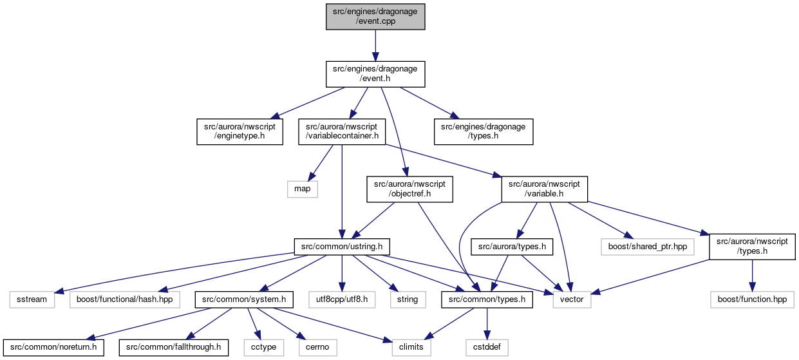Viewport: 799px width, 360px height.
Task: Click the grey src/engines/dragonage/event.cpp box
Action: point(375,16)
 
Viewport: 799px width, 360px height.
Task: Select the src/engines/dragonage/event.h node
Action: point(375,74)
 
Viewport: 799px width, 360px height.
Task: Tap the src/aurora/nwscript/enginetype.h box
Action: point(240,131)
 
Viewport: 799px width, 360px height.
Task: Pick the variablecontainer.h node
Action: point(342,131)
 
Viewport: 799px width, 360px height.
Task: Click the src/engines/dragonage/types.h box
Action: point(484,131)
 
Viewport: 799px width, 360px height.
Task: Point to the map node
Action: point(303,189)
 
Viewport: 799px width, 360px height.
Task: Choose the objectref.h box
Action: point(409,189)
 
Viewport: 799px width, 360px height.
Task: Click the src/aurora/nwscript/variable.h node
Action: point(544,189)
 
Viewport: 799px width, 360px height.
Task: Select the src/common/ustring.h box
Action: point(342,247)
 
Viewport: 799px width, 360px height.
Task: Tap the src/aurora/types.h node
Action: point(512,247)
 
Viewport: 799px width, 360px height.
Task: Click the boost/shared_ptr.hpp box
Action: point(648,247)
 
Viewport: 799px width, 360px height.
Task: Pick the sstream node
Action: point(32,299)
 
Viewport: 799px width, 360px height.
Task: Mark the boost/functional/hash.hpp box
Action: point(125,299)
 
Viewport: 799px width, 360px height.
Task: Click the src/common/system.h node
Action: point(244,299)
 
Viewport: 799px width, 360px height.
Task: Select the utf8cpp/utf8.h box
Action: point(342,299)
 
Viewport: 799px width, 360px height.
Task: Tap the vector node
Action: point(572,299)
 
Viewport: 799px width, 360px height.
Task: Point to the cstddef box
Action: point(487,348)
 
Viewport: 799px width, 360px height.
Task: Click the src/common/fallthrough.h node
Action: point(174,348)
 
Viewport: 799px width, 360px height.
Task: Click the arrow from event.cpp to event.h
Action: point(375,46)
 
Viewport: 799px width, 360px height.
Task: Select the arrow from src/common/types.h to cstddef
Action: point(487,323)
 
